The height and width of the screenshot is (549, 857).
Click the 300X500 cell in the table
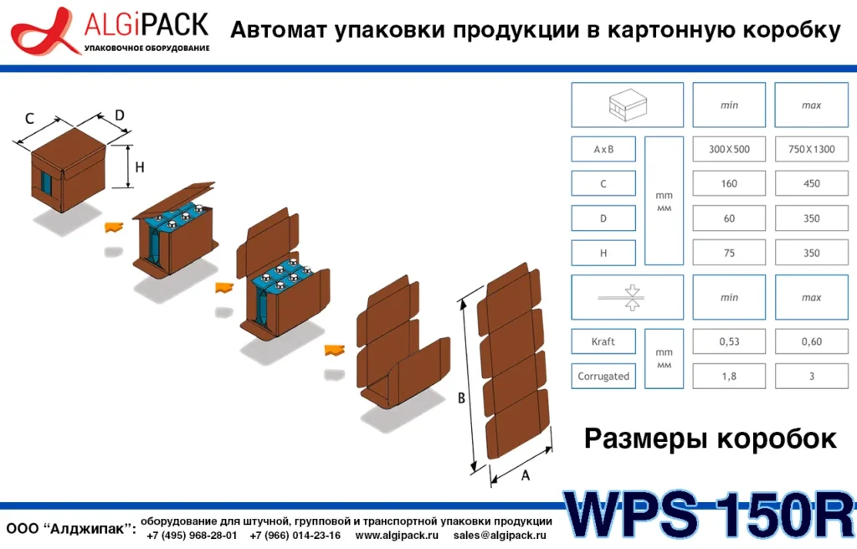(729, 150)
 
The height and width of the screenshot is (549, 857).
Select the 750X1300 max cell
(811, 150)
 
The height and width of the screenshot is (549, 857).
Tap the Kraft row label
(603, 341)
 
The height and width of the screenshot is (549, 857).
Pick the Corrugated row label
(603, 377)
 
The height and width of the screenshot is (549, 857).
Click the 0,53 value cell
(729, 341)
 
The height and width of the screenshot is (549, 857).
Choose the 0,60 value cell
(811, 341)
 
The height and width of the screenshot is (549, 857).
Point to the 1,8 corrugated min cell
(729, 377)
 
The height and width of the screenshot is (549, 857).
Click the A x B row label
(603, 150)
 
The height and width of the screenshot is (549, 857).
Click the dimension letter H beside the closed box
(140, 167)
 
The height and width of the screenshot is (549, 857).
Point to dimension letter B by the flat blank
(461, 399)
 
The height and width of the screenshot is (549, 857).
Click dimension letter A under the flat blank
(525, 475)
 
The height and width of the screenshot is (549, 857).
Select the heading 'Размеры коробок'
(710, 438)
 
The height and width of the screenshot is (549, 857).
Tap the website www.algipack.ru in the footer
(397, 535)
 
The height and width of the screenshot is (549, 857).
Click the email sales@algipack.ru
(500, 535)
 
